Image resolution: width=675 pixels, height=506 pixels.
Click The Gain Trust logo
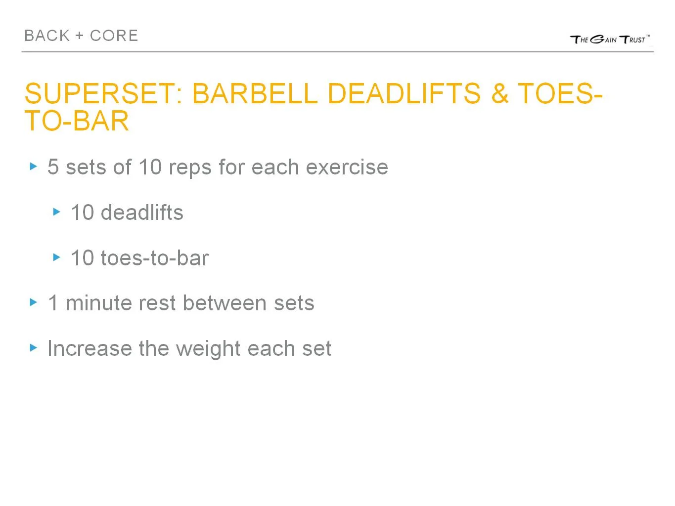610,40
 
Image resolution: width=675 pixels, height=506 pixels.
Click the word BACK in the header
47,36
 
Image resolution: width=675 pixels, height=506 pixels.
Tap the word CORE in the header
114,36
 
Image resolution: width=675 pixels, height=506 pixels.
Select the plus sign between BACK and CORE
80,36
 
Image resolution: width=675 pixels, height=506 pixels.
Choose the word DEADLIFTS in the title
404,93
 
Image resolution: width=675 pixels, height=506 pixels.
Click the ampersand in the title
500,93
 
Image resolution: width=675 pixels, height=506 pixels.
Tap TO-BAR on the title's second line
77,121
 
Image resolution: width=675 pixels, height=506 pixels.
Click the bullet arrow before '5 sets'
34,167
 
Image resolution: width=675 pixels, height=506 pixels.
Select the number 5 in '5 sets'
53,167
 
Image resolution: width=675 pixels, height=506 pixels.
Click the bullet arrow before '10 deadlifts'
57,212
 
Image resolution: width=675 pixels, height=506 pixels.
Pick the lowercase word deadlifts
142,212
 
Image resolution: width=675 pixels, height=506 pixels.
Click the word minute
99,303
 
